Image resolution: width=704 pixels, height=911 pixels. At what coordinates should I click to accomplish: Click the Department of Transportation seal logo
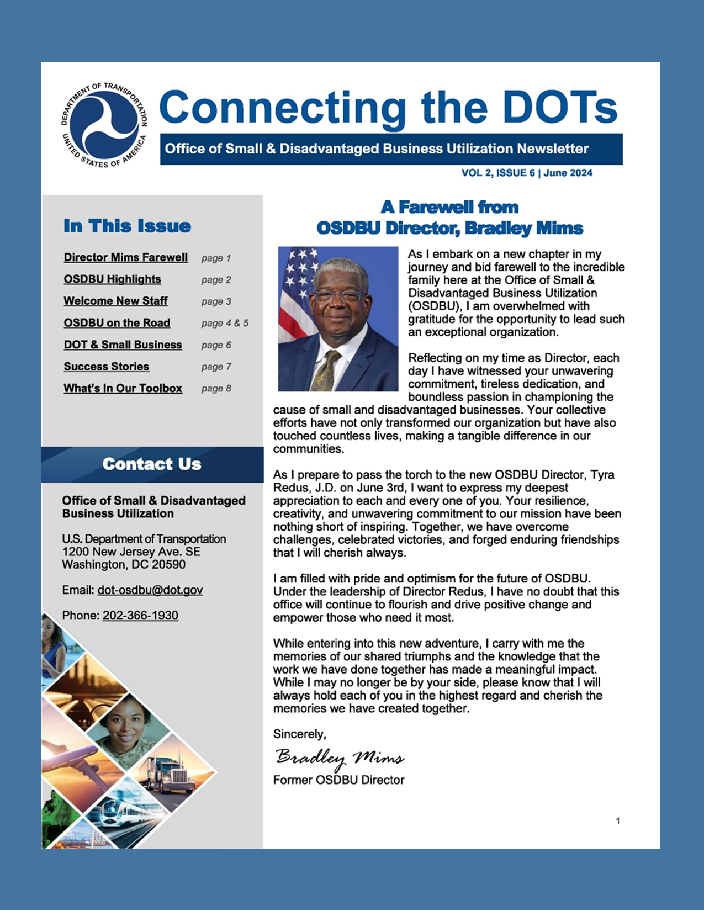[104, 125]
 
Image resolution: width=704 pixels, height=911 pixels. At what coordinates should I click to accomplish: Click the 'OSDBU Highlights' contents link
[112, 279]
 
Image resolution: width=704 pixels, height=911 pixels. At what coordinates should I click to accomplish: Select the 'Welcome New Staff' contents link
[115, 301]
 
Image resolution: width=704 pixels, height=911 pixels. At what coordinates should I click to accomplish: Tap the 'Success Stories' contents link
[106, 367]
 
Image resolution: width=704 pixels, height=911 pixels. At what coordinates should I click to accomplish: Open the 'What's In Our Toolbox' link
[123, 388]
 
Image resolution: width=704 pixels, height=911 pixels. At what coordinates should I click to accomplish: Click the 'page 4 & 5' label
[225, 323]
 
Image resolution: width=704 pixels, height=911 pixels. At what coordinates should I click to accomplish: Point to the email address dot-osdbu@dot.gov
[150, 590]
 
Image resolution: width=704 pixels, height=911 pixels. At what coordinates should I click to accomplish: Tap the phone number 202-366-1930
[140, 616]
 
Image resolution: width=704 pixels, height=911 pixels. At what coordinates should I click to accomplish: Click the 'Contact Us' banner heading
[152, 464]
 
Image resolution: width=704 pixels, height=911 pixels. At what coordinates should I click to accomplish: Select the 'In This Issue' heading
[127, 226]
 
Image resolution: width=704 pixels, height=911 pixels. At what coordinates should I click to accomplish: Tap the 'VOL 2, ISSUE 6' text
[498, 173]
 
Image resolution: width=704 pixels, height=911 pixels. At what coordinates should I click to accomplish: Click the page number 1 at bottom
[618, 821]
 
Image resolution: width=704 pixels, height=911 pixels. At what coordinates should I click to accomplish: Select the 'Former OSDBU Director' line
[338, 780]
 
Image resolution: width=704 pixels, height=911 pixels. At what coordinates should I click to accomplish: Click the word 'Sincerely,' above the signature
[300, 734]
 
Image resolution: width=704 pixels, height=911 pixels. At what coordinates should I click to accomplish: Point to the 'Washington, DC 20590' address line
[124, 565]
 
